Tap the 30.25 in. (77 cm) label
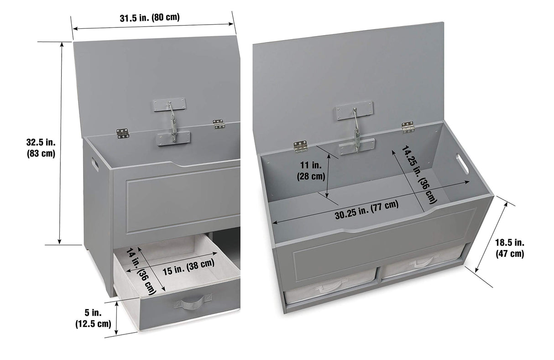(x=366, y=210)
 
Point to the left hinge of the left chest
(x=122, y=133)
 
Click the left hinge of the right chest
(x=300, y=146)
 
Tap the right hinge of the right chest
(x=408, y=127)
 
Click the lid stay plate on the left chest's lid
(x=169, y=105)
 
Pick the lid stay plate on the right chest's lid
(x=355, y=110)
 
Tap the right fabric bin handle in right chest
(x=422, y=262)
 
